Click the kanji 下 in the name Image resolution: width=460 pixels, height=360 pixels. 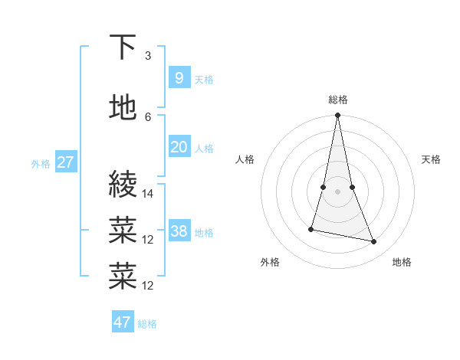[123, 47]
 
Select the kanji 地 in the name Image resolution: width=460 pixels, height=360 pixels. [123, 107]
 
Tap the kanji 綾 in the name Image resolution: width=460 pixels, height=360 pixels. [123, 185]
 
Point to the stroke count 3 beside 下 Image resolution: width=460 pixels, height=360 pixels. [148, 56]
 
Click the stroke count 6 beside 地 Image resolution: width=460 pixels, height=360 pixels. [148, 116]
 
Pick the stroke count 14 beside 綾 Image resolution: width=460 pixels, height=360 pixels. [148, 194]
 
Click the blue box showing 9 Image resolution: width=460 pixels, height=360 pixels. [179, 77]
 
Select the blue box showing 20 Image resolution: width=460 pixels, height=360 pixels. [179, 147]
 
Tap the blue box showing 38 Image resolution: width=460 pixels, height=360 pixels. [179, 231]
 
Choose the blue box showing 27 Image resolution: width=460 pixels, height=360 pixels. [65, 162]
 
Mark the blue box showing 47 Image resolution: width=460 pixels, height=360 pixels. [123, 322]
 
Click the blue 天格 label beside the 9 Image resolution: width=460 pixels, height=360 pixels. [204, 79]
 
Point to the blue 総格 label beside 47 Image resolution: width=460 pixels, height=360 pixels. [147, 324]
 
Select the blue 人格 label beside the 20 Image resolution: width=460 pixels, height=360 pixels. [204, 149]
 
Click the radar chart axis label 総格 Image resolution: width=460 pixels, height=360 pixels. [338, 100]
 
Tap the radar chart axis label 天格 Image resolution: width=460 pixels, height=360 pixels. [431, 159]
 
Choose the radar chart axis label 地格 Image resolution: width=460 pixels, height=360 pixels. [402, 262]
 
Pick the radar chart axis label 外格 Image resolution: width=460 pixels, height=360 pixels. [270, 262]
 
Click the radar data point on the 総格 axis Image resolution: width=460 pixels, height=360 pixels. [337, 116]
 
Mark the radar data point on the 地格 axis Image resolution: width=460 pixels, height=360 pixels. [374, 242]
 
